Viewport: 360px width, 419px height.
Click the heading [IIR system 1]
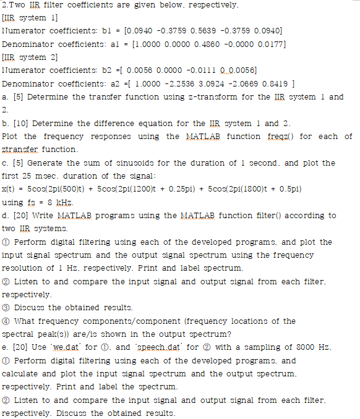point(30,18)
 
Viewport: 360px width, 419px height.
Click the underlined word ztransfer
point(19,150)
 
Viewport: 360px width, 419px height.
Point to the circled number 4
point(7,321)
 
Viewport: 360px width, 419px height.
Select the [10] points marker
point(20,123)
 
